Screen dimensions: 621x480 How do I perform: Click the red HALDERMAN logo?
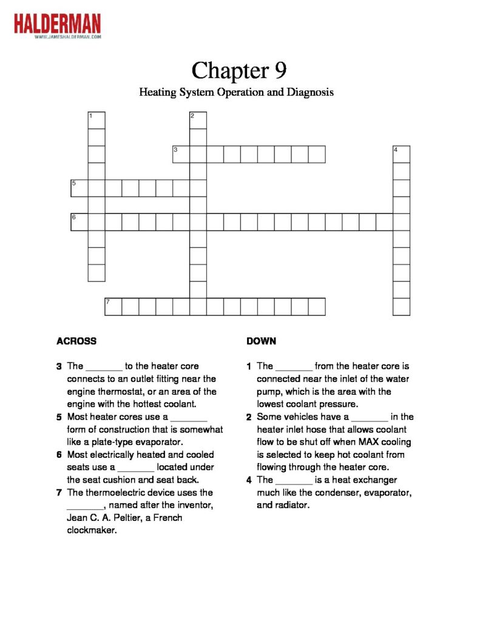tap(58, 24)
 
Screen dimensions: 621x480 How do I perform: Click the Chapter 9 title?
tap(238, 70)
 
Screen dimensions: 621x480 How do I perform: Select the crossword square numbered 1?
tap(96, 120)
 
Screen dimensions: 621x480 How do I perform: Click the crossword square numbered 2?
tap(198, 120)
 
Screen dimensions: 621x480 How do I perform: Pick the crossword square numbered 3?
tap(181, 154)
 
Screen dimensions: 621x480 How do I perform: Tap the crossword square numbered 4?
tap(401, 154)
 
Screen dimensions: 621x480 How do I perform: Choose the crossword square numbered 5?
tap(79, 188)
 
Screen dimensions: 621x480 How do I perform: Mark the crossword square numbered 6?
tap(79, 222)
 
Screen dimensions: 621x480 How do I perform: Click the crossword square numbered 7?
tap(113, 306)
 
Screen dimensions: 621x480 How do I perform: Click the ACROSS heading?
tap(76, 341)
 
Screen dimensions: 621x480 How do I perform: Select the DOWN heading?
tap(262, 341)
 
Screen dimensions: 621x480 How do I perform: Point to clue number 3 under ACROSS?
tap(59, 366)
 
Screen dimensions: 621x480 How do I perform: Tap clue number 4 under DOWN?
tap(249, 480)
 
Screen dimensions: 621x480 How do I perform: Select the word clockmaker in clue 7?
tap(91, 531)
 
